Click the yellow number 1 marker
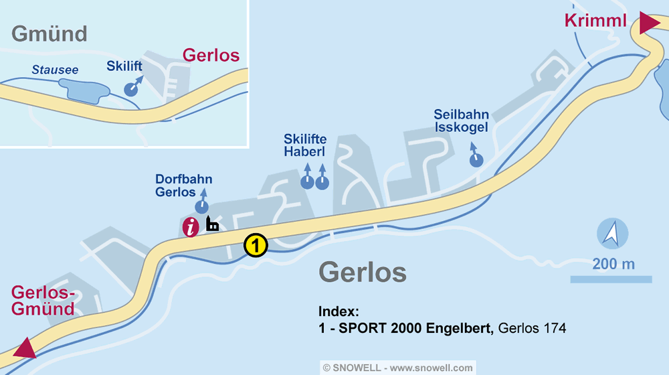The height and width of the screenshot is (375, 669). pos(256,245)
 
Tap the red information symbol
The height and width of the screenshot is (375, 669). pos(191,227)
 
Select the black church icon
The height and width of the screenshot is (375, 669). pos(212,224)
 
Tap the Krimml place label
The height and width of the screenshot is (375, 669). pos(595,21)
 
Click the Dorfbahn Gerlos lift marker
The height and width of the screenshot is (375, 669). pos(201,207)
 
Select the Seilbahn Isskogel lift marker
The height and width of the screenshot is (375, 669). pos(476,159)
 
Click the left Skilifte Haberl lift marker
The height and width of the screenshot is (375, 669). pos(306,181)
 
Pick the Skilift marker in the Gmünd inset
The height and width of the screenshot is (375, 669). pos(132,89)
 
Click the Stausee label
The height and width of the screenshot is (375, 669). pos(55,70)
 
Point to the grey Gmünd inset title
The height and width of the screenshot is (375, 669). pos(50,33)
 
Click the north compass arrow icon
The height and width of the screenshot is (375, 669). pos(612,234)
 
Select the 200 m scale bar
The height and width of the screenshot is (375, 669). pos(611,279)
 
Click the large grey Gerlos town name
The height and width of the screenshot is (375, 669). pos(363,273)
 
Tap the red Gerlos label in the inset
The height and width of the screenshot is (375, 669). pos(211,55)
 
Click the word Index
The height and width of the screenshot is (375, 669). pos(339,312)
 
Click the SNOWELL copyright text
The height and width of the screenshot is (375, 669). pos(397,368)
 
